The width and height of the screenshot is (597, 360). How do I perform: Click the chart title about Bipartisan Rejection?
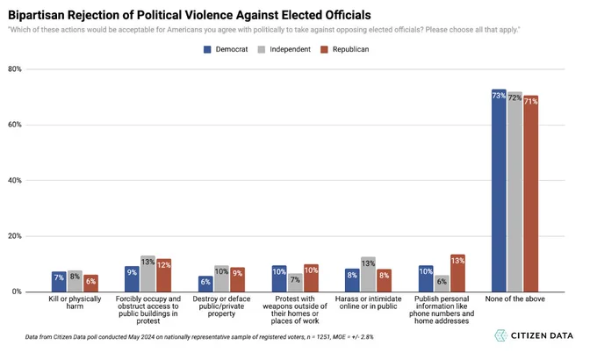click(190, 15)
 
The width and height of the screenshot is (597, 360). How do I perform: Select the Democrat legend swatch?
click(207, 49)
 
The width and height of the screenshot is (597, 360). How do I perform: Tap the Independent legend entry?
click(284, 49)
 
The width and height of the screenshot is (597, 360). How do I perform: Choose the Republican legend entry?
click(344, 49)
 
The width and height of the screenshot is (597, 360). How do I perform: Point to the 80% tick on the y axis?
click(14, 69)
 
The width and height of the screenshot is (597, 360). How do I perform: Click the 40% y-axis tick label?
click(14, 180)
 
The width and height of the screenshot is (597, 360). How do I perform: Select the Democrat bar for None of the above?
click(499, 191)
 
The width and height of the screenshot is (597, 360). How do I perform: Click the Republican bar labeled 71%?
click(531, 193)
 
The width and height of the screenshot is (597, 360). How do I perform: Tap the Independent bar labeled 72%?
click(514, 192)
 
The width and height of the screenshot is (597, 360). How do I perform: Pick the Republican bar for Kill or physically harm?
click(91, 284)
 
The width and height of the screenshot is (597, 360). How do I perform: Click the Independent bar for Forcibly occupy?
click(147, 274)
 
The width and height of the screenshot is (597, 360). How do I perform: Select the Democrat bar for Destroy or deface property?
click(205, 284)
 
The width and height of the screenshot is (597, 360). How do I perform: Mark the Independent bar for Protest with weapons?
click(295, 283)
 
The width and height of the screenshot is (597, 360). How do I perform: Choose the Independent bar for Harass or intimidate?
click(368, 274)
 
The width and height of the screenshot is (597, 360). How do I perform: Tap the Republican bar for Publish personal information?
click(457, 273)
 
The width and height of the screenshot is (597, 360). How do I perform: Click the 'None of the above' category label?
click(514, 299)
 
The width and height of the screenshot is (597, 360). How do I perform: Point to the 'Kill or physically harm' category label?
click(75, 302)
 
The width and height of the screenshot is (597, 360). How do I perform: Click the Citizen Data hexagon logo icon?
click(500, 335)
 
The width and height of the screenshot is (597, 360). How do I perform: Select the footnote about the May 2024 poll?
click(199, 337)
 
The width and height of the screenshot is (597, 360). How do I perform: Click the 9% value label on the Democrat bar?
click(132, 272)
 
